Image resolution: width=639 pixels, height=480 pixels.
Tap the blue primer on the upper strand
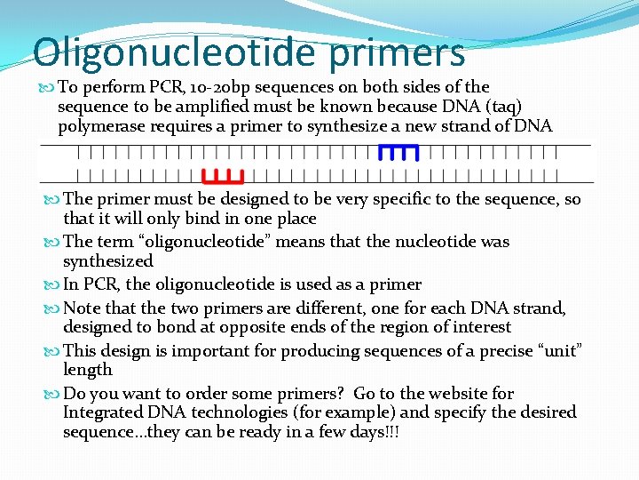coord(398,152)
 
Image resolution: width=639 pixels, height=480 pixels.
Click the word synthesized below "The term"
coord(107,261)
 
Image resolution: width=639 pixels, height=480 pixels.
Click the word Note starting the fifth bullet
coord(83,308)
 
